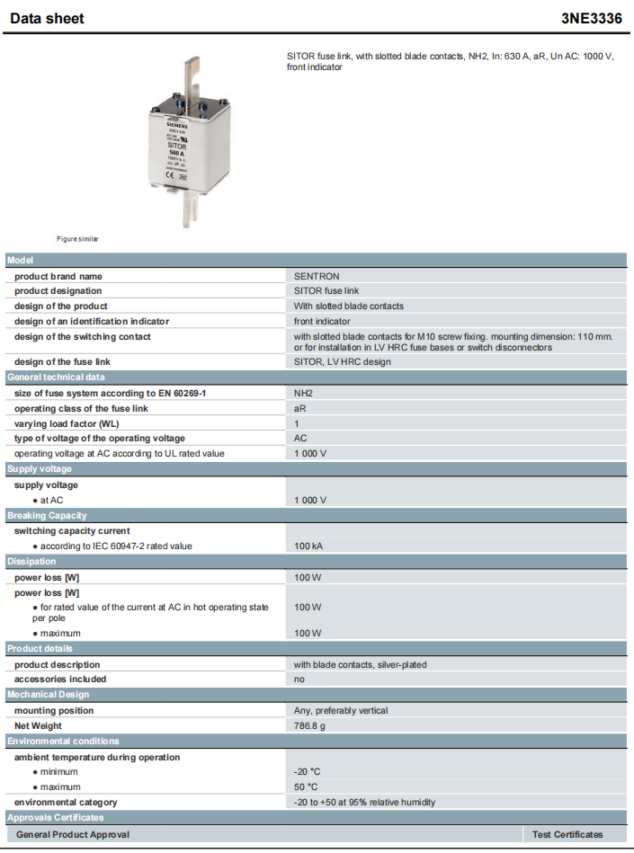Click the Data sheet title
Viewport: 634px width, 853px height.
coord(47,18)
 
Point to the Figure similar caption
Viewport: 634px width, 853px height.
coord(77,239)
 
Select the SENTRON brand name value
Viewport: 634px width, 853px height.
coord(317,276)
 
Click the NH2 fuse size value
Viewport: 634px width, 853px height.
coord(303,394)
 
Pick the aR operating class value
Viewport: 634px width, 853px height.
coord(300,409)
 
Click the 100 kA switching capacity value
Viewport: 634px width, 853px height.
coord(308,546)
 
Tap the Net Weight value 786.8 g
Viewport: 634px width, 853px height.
coord(310,725)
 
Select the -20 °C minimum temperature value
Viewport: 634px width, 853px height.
coord(307,772)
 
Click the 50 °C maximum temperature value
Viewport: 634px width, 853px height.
coord(306,787)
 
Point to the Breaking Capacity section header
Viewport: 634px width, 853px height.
coord(47,515)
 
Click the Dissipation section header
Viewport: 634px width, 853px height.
coord(32,561)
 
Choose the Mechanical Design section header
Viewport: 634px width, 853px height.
coord(50,695)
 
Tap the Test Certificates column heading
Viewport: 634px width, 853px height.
coord(567,834)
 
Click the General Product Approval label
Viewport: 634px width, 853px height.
coord(73,834)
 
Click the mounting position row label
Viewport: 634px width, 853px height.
coord(54,710)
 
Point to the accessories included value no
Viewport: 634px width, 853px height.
coord(299,679)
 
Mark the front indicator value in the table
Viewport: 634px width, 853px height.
coord(322,321)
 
